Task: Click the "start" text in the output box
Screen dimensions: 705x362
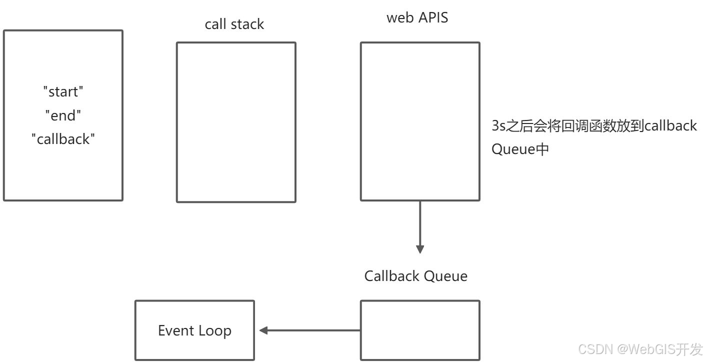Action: (63, 91)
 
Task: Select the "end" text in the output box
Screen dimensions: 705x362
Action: (63, 115)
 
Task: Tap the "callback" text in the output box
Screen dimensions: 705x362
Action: (63, 139)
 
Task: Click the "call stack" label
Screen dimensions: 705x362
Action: (234, 24)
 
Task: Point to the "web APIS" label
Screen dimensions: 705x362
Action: (417, 17)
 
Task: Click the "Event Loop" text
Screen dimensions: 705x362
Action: (195, 331)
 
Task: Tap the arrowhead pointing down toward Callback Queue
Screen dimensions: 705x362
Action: (420, 249)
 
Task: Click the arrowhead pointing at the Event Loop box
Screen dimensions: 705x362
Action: (263, 330)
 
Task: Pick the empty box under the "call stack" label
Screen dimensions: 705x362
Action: (236, 122)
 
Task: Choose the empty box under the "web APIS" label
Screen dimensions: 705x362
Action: (420, 121)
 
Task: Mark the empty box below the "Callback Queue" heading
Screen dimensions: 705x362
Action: (420, 330)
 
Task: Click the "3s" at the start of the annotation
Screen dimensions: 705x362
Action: (498, 125)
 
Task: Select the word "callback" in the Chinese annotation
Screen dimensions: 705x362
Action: (670, 125)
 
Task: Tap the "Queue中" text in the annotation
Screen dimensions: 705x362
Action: (520, 149)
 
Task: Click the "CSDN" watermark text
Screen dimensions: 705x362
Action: (595, 349)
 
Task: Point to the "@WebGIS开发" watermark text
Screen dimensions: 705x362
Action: (660, 349)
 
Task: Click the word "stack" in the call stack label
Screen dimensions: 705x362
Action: (247, 24)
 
